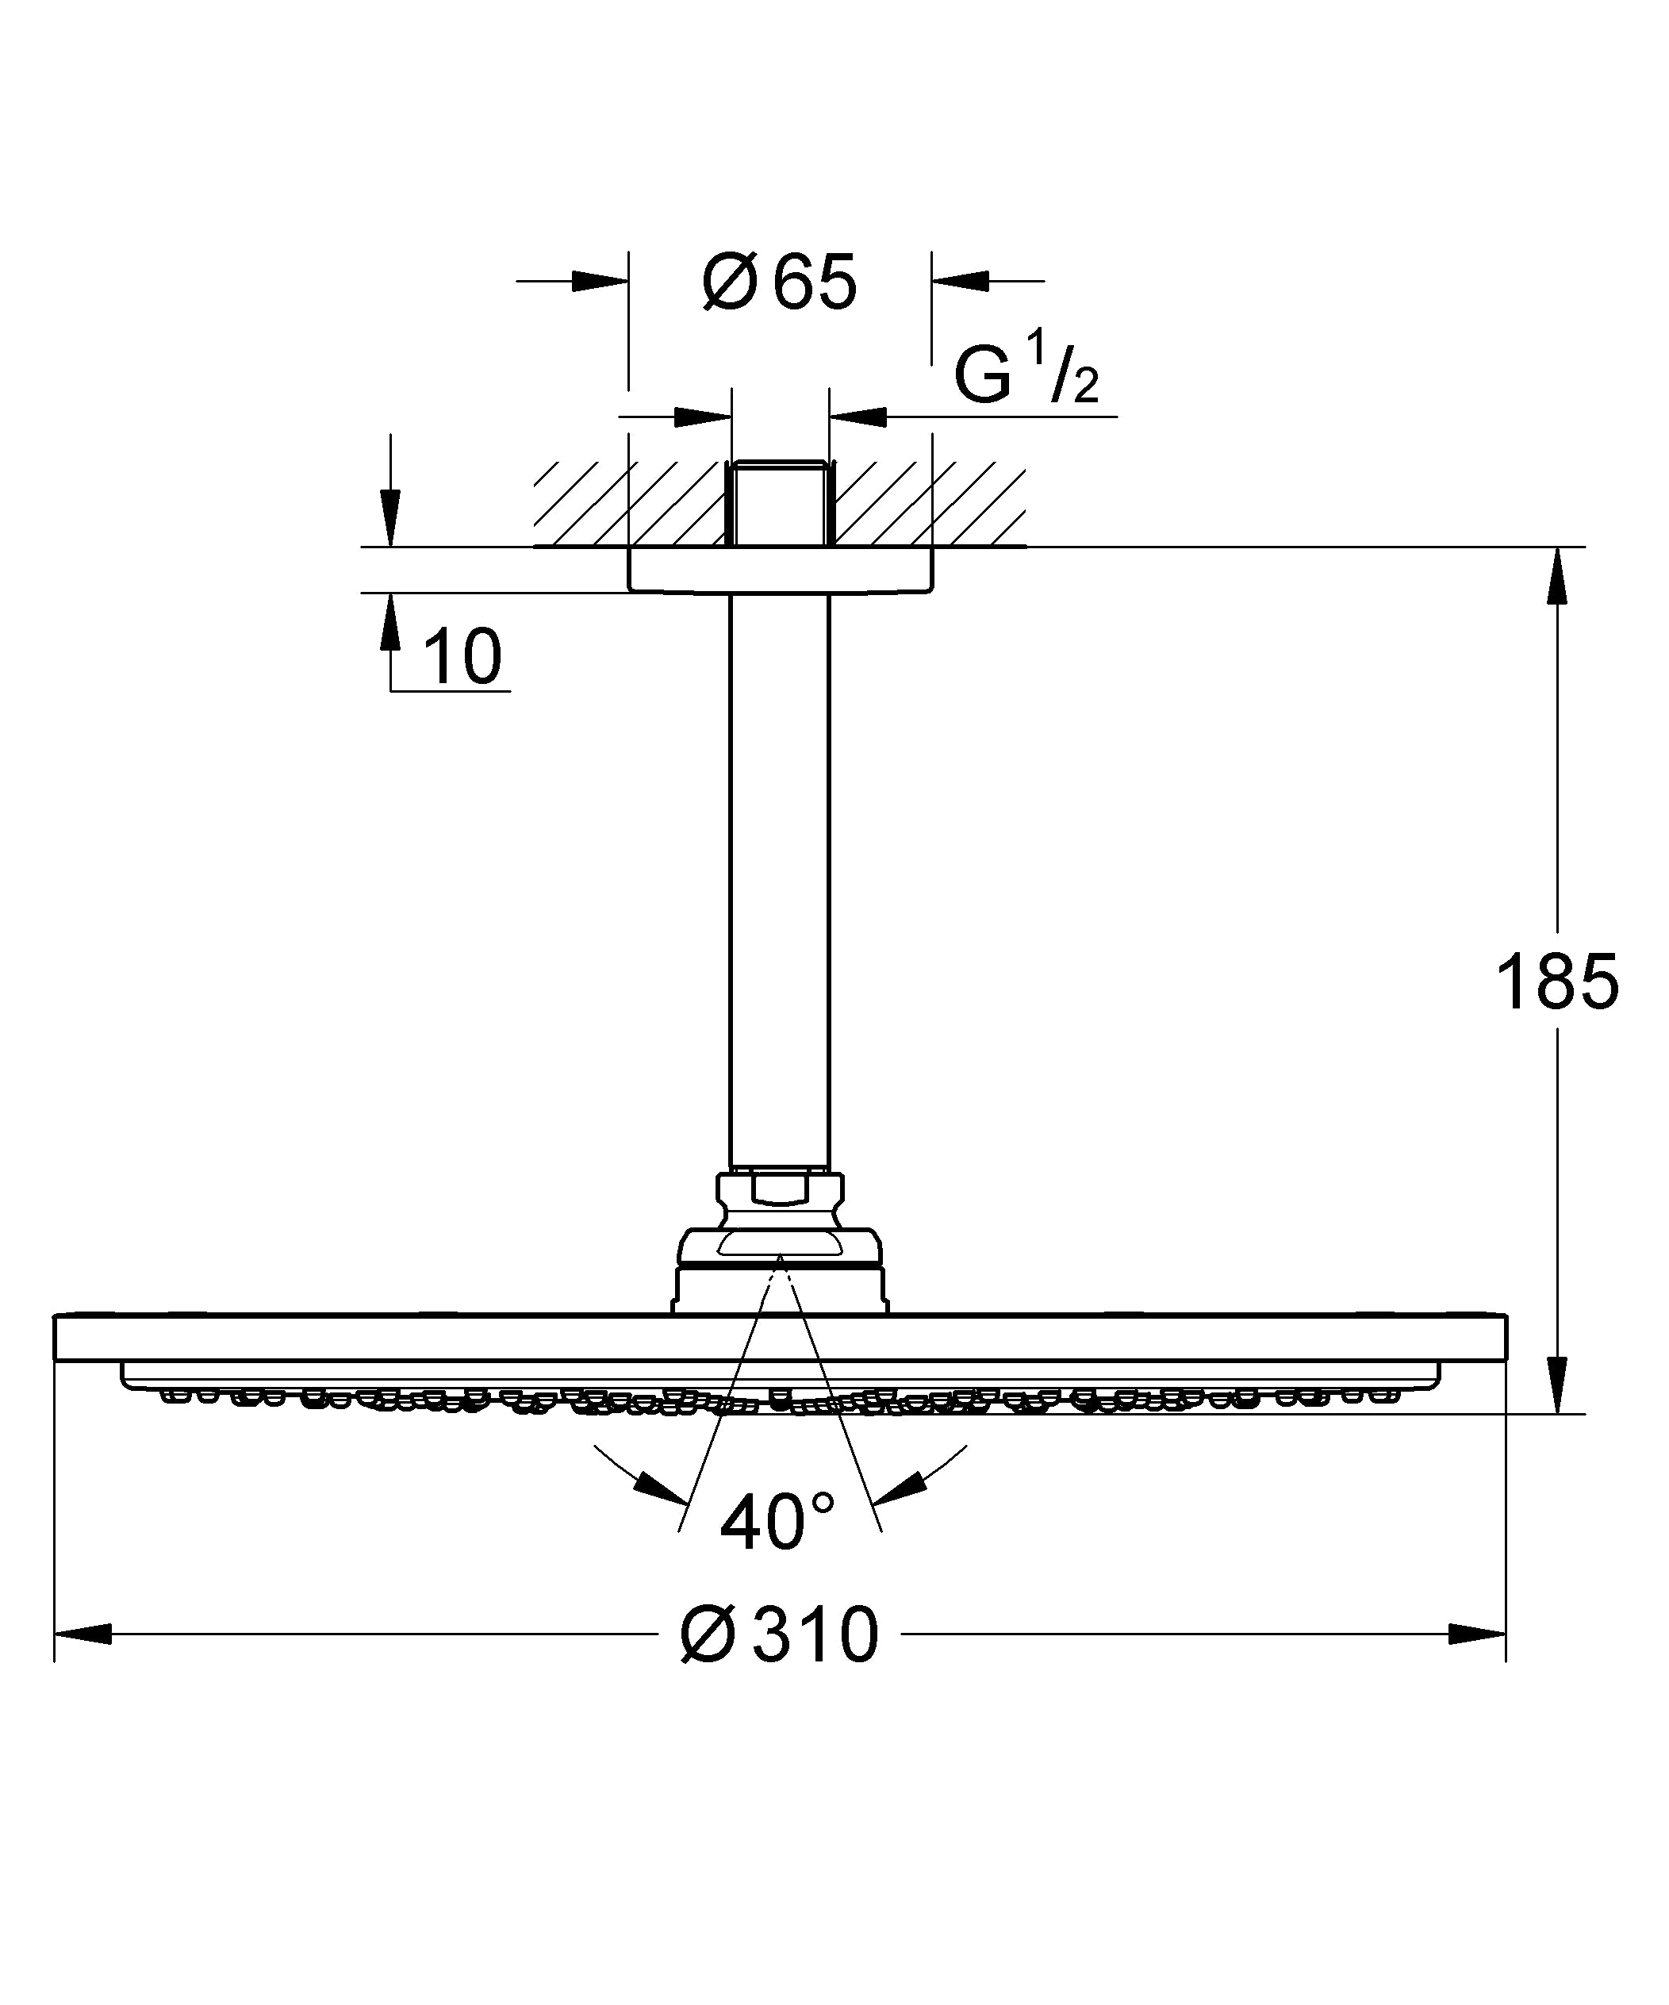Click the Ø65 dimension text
[x=780, y=283]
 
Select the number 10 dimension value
[x=462, y=658]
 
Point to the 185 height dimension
[x=1556, y=982]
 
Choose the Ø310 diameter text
[x=780, y=1635]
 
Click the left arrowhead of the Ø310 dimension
[x=84, y=1634]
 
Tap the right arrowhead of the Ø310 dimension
[x=1476, y=1634]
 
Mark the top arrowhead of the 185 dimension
[x=1556, y=576]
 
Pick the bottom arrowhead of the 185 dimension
[x=1556, y=1385]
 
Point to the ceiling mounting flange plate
[x=780, y=570]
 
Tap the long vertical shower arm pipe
[x=780, y=878]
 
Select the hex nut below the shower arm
[x=780, y=1191]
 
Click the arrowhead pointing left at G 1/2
[x=859, y=417]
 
